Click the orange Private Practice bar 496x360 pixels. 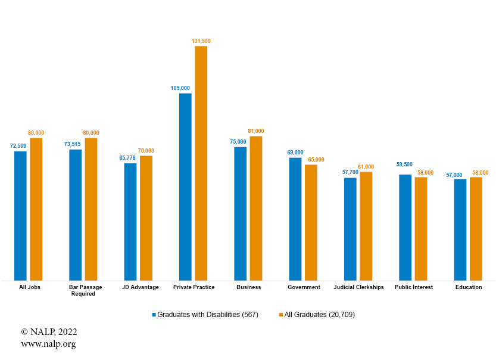pyautogui.click(x=201, y=163)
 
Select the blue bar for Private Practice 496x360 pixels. pyautogui.click(x=185, y=187)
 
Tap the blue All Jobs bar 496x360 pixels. pyautogui.click(x=21, y=215)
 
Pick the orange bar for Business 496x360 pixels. pyautogui.click(x=256, y=208)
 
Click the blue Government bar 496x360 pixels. pyautogui.click(x=295, y=219)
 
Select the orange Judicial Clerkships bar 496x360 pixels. pyautogui.click(x=366, y=226)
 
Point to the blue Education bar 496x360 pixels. pyautogui.click(x=460, y=229)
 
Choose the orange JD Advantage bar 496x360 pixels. pyautogui.click(x=146, y=218)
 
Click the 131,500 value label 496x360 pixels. pyautogui.click(x=201, y=41)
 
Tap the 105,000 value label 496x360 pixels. pyautogui.click(x=180, y=88)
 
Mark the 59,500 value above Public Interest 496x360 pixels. pyautogui.click(x=405, y=165)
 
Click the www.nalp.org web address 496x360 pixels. pyautogui.click(x=48, y=344)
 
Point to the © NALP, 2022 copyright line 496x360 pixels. pyautogui.click(x=49, y=332)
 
